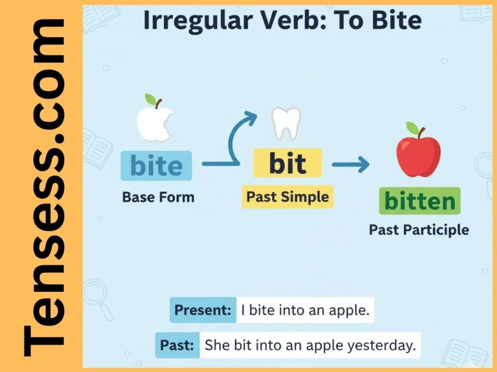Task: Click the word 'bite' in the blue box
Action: [156, 166]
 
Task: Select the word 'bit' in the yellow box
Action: [288, 164]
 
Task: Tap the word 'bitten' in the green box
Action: [419, 201]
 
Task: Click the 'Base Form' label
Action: [158, 197]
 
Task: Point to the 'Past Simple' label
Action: [287, 197]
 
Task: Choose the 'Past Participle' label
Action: [419, 229]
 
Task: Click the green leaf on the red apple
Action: [412, 128]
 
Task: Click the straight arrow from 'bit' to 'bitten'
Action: [350, 165]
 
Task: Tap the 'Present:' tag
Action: [203, 310]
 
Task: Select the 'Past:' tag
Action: [177, 345]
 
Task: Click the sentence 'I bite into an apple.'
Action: [305, 310]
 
